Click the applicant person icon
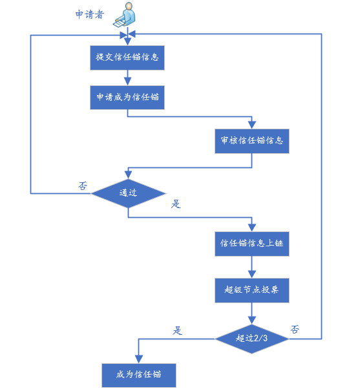click(x=125, y=14)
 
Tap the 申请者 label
click(x=89, y=14)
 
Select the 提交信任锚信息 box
click(x=127, y=58)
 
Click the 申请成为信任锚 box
click(x=127, y=97)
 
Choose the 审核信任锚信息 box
click(x=252, y=141)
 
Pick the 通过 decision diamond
click(x=128, y=193)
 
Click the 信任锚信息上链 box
click(x=252, y=244)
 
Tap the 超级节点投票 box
click(x=252, y=290)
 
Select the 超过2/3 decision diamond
click(x=252, y=339)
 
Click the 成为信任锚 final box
click(x=139, y=375)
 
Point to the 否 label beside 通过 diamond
click(x=83, y=185)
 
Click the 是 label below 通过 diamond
click(x=176, y=204)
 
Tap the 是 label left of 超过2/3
click(x=177, y=331)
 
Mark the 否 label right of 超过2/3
click(x=295, y=330)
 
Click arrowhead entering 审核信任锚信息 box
click(x=252, y=125)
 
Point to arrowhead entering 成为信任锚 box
click(x=138, y=359)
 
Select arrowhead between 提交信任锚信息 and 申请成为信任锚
click(x=127, y=81)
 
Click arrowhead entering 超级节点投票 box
click(x=252, y=274)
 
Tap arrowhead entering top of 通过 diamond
click(x=128, y=175)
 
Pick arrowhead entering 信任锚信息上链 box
click(x=252, y=228)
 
